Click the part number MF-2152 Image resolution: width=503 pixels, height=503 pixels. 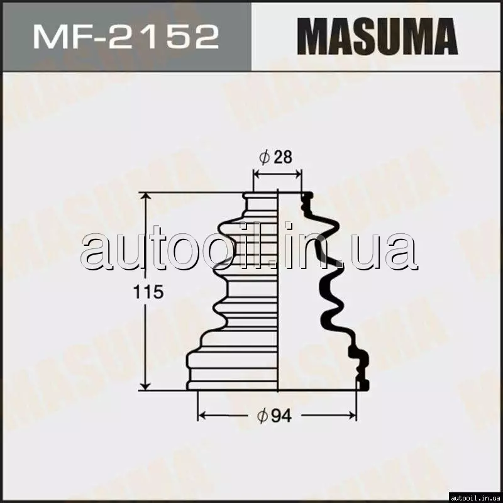tap(126, 36)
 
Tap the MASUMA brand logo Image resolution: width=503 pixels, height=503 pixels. tap(377, 36)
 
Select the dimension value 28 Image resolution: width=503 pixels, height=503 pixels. tap(283, 157)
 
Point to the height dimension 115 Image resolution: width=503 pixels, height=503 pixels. tap(148, 292)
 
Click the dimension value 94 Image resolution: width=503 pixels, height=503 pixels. tap(281, 416)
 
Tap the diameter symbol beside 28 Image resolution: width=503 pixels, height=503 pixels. tap(264, 157)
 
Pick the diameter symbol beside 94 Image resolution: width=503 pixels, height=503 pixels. tap(262, 416)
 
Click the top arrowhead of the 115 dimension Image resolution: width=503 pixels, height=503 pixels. tap(146, 196)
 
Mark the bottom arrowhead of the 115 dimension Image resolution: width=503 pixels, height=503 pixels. tap(146, 386)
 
